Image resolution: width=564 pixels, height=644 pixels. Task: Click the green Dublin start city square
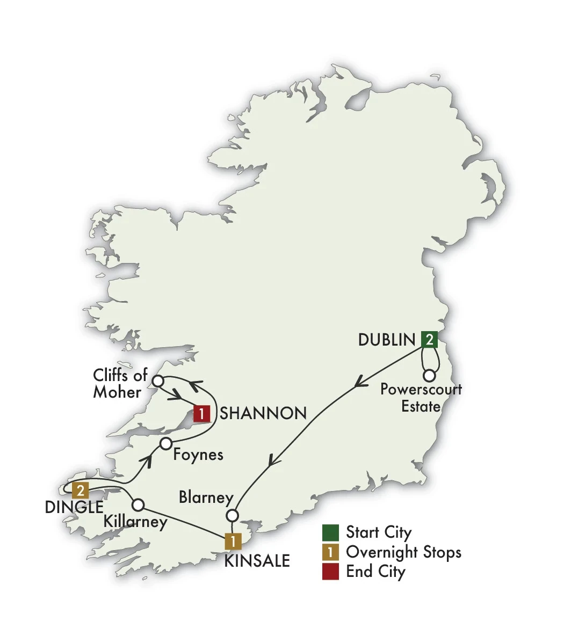pyautogui.click(x=429, y=339)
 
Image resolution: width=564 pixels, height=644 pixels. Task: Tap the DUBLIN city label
pyautogui.click(x=387, y=340)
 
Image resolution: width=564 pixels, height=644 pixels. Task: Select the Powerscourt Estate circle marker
pyautogui.click(x=429, y=376)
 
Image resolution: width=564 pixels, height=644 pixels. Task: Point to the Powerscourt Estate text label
pyautogui.click(x=421, y=398)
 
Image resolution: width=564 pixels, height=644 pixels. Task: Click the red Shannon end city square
pyautogui.click(x=201, y=414)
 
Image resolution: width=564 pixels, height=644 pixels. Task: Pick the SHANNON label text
pyautogui.click(x=263, y=413)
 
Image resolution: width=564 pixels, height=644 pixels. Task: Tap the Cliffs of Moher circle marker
pyautogui.click(x=158, y=381)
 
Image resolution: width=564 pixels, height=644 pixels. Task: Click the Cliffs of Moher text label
pyautogui.click(x=120, y=384)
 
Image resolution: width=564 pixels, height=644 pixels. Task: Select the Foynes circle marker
pyautogui.click(x=165, y=444)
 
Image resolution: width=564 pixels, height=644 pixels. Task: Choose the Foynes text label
pyautogui.click(x=198, y=455)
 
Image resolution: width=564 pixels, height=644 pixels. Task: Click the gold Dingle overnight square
pyautogui.click(x=80, y=490)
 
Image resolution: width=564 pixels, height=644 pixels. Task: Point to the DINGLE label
pyautogui.click(x=74, y=507)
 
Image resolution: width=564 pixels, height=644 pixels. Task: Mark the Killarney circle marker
pyautogui.click(x=138, y=505)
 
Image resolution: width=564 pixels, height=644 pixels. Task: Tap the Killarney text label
pyautogui.click(x=136, y=521)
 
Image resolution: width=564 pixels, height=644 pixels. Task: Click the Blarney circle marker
pyautogui.click(x=232, y=516)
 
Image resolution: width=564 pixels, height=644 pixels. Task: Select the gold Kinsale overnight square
pyautogui.click(x=233, y=541)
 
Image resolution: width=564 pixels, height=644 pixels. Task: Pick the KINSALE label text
pyautogui.click(x=257, y=561)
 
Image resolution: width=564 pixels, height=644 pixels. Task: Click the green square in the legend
pyautogui.click(x=330, y=532)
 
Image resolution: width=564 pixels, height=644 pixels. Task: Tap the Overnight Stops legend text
pyautogui.click(x=403, y=552)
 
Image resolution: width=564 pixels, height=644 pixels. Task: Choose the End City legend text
pyautogui.click(x=375, y=572)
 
